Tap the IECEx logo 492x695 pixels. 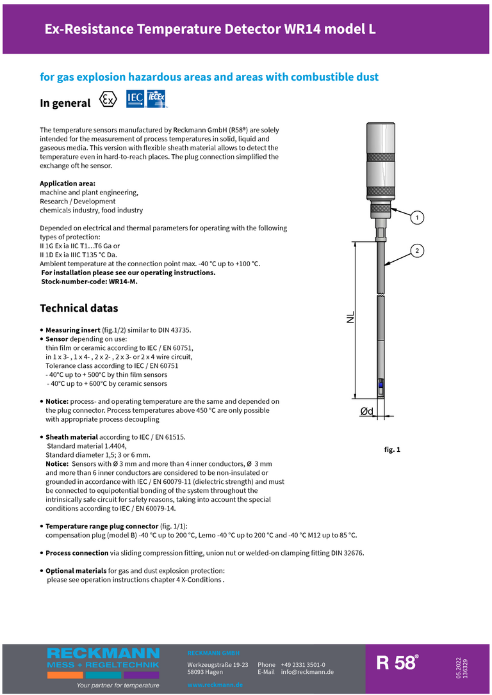(x=157, y=100)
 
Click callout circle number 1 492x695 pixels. (x=416, y=218)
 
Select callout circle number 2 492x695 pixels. (x=416, y=250)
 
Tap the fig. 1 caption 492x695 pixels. (x=392, y=450)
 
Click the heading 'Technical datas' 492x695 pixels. (x=79, y=308)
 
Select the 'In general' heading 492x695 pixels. (x=65, y=103)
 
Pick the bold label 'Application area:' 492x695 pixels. (x=68, y=184)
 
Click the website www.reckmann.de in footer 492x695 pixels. (x=215, y=685)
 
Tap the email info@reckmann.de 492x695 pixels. (x=307, y=672)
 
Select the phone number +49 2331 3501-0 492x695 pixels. (x=303, y=665)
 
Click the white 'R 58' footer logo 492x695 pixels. (x=397, y=663)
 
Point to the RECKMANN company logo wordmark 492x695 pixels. (x=103, y=653)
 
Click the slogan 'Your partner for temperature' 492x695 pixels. (x=118, y=685)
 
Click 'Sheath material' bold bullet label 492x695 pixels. (x=71, y=437)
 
